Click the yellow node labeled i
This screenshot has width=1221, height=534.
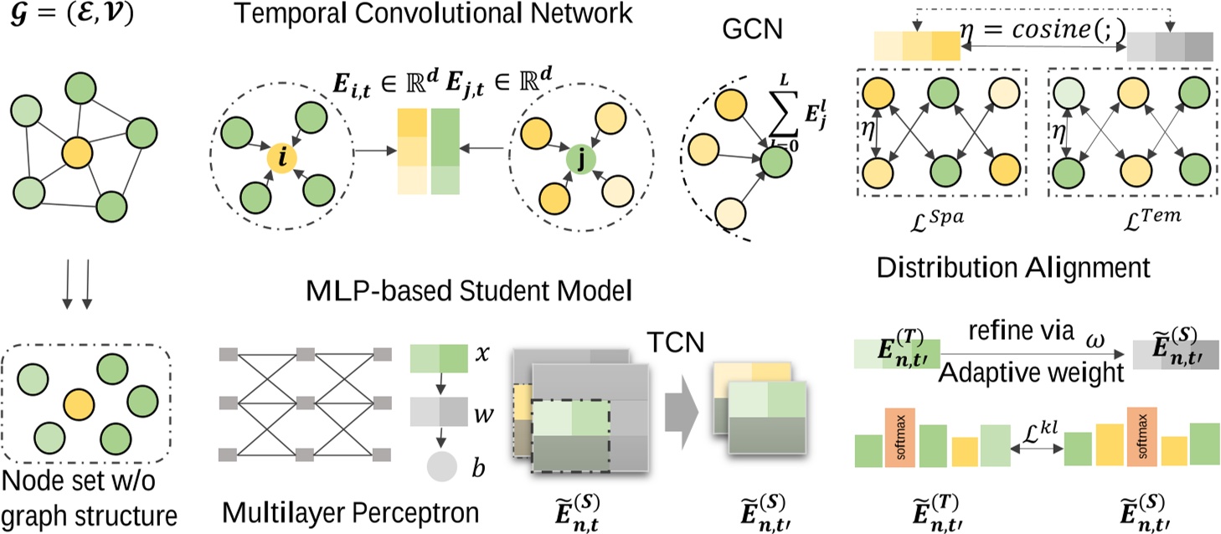pyautogui.click(x=282, y=158)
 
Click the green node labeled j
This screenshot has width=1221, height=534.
pyautogui.click(x=580, y=160)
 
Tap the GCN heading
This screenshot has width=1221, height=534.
pyautogui.click(x=752, y=29)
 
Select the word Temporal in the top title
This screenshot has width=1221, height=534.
pyautogui.click(x=291, y=13)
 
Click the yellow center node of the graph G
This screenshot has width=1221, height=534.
pyautogui.click(x=77, y=153)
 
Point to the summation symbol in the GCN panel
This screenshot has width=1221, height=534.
pyautogui.click(x=783, y=115)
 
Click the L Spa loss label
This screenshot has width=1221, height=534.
pyautogui.click(x=936, y=220)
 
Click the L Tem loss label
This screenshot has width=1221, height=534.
pyautogui.click(x=1151, y=219)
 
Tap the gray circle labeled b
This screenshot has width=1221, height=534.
pyautogui.click(x=441, y=466)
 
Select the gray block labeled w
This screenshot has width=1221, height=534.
pyautogui.click(x=439, y=412)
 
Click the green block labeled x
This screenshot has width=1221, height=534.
pyautogui.click(x=439, y=358)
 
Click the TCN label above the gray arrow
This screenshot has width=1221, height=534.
pyautogui.click(x=676, y=342)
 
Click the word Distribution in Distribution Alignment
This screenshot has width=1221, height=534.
pyautogui.click(x=946, y=268)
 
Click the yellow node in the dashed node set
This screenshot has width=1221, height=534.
pyautogui.click(x=80, y=404)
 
